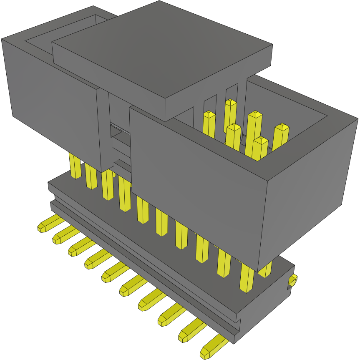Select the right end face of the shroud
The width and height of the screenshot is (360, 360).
pyautogui.click(x=309, y=188)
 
